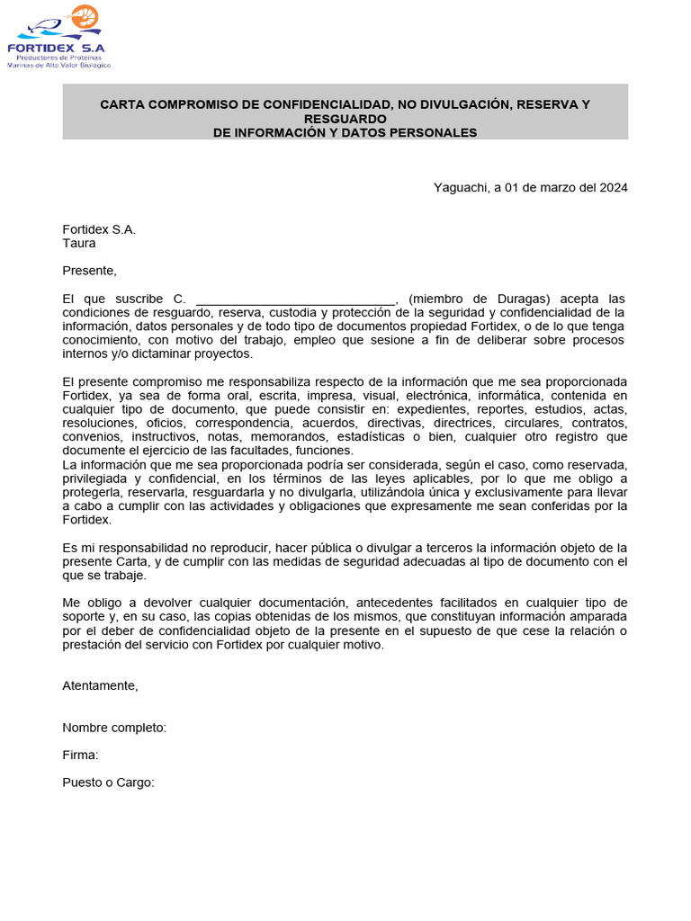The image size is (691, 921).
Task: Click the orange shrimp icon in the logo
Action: point(85,16)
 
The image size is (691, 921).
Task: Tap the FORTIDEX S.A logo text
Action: point(56,48)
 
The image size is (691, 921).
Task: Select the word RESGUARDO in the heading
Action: point(345,119)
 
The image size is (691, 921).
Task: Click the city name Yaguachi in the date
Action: point(459,187)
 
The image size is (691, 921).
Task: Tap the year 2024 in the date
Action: point(613,187)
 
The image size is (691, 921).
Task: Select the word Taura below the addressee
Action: point(78,243)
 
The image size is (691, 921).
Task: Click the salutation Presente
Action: point(89,271)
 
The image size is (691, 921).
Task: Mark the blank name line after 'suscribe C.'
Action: point(295,300)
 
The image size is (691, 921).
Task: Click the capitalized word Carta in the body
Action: point(124,561)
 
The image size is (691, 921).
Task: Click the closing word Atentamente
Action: point(100,685)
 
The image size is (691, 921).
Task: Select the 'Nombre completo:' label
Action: point(114,728)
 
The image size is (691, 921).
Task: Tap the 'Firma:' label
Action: point(80,755)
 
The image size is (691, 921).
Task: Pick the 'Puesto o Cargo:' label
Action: point(108,782)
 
